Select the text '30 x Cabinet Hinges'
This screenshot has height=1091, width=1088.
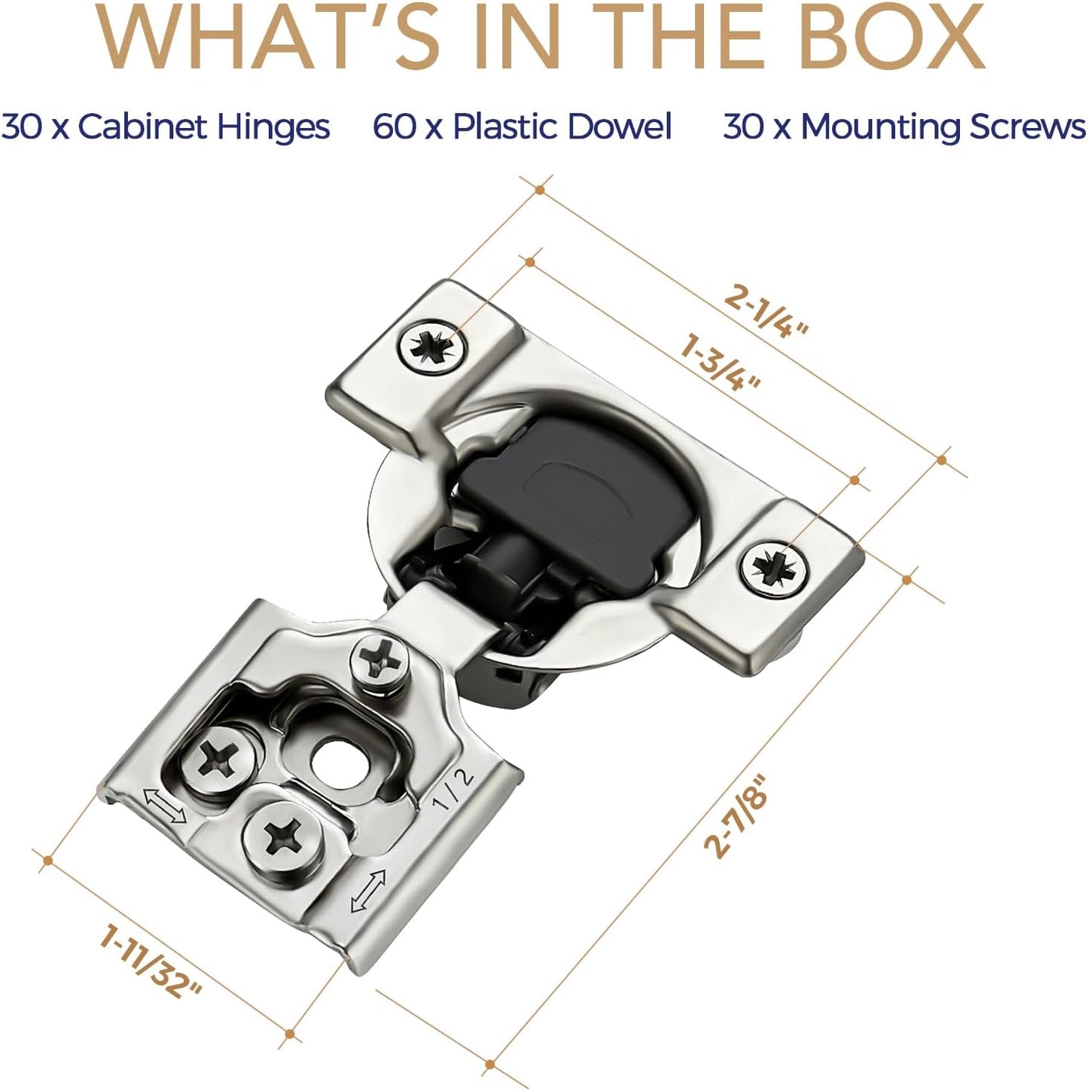point(166,127)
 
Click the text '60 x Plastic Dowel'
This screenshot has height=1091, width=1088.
point(522,127)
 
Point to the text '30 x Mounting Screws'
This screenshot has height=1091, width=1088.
point(904,127)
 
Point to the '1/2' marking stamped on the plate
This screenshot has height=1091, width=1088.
point(455,790)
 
